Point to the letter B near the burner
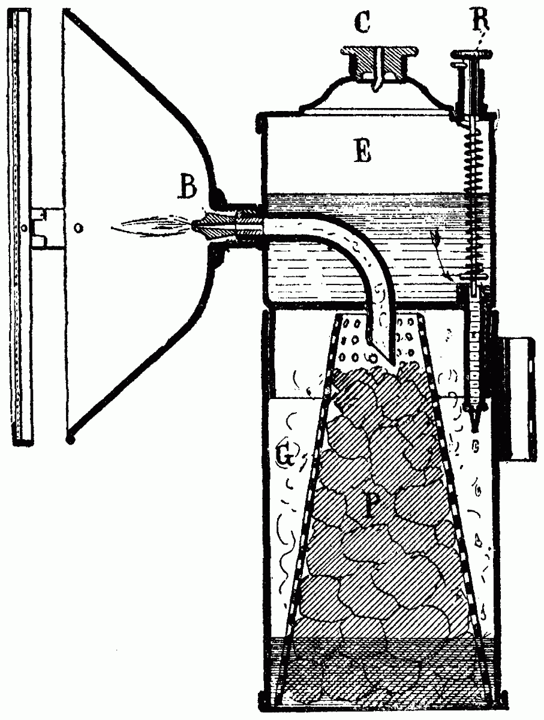[188, 189]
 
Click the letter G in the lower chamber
[285, 457]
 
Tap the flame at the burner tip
[153, 227]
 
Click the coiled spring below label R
[476, 180]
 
